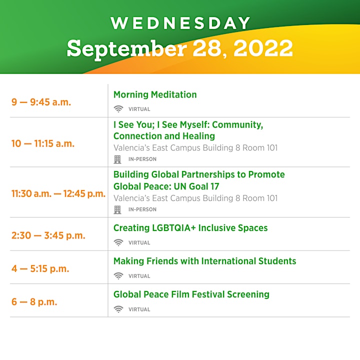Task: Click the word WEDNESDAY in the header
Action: click(180, 23)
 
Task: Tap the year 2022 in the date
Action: click(263, 48)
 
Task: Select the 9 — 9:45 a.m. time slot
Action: click(41, 102)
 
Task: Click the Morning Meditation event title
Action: click(155, 94)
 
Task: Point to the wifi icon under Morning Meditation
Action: click(118, 109)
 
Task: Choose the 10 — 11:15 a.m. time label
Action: click(43, 143)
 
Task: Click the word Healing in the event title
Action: click(198, 136)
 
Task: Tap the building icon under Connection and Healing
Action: click(117, 159)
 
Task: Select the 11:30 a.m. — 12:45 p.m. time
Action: click(58, 194)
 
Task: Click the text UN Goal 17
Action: click(196, 186)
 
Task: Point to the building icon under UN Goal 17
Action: click(117, 209)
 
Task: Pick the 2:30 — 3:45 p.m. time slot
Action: click(48, 235)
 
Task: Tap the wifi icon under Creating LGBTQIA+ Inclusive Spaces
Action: click(118, 242)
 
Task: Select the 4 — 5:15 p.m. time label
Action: click(40, 268)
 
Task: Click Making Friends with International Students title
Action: click(205, 261)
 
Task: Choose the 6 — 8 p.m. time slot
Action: click(34, 302)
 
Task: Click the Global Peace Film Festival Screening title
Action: click(191, 294)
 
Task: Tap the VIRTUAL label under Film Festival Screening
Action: click(139, 309)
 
